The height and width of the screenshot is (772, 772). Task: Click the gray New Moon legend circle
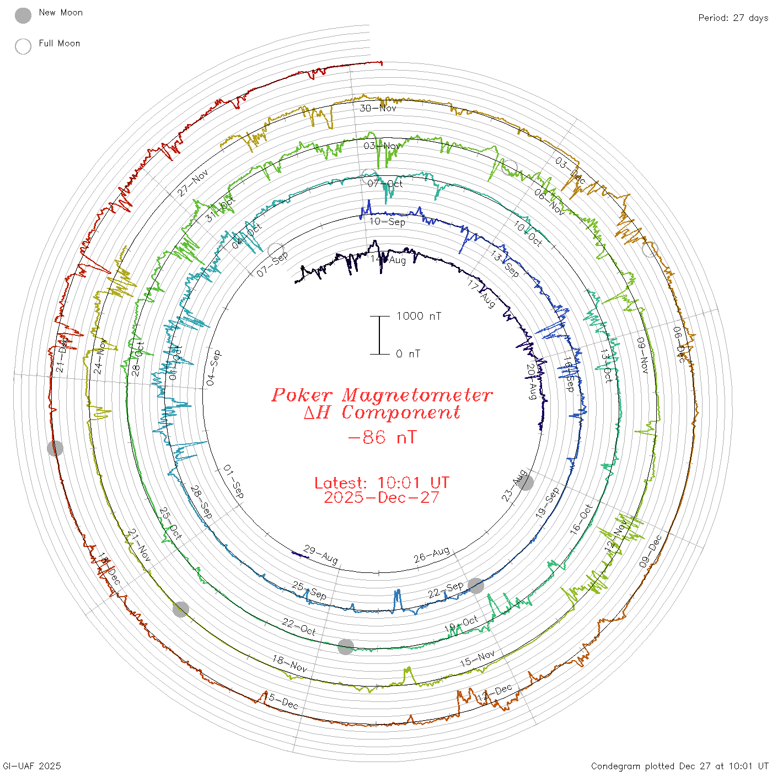tap(23, 15)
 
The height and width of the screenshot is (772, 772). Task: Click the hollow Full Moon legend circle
tap(23, 46)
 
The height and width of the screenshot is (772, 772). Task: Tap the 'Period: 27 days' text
tap(733, 18)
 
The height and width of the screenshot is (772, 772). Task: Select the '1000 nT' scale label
tap(419, 316)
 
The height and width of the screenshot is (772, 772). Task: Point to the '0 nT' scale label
tap(408, 354)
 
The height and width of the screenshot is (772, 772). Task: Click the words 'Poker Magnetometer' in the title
tap(382, 395)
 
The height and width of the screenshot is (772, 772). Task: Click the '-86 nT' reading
tap(382, 437)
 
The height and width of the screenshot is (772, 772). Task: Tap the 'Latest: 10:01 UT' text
tap(382, 482)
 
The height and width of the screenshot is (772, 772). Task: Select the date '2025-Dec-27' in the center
tap(382, 497)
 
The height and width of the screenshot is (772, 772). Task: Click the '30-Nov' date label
tap(378, 108)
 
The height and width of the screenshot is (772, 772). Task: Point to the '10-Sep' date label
tap(387, 222)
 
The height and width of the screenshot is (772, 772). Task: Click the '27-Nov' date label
tap(193, 183)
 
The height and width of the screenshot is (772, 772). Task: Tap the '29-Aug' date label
tap(320, 554)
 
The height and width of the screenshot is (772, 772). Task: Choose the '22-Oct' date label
tap(299, 626)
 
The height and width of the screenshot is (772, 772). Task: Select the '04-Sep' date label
tap(213, 367)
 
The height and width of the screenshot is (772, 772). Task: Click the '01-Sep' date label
tap(233, 482)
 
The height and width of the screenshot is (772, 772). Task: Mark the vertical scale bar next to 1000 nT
tap(379, 335)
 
